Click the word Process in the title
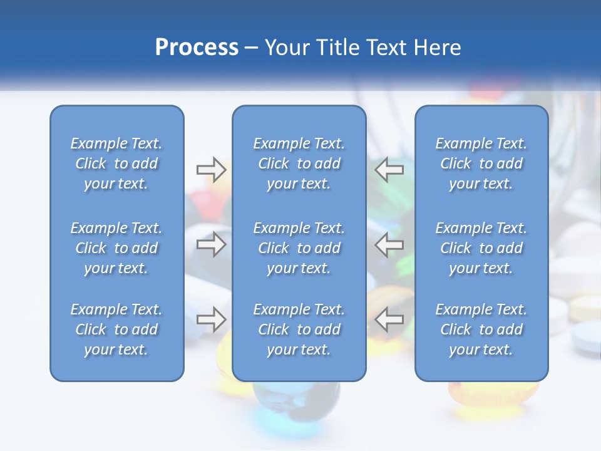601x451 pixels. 197,48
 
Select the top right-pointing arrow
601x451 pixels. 211,170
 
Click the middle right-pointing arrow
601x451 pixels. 211,244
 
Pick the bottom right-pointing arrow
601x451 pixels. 211,319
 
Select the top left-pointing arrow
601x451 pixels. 389,170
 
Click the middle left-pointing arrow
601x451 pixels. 389,244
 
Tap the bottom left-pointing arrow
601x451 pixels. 389,319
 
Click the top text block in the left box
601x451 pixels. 116,163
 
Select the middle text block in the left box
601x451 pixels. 116,248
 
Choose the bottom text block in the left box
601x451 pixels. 116,329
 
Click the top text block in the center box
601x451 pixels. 299,163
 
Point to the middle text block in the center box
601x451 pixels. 299,248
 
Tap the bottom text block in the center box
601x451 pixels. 299,329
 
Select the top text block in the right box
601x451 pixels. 481,163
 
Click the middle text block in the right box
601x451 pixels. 481,248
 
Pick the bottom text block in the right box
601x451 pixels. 481,329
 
